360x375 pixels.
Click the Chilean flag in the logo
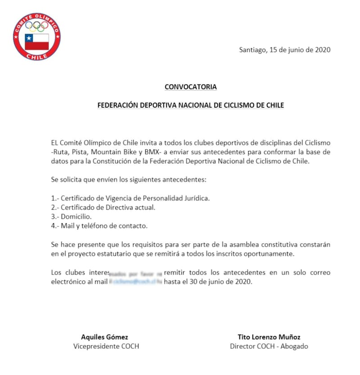[36, 41]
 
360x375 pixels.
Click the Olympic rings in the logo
[36, 27]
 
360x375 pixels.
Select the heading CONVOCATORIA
[190, 87]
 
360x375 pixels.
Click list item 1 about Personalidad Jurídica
[130, 198]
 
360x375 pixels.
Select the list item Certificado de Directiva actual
[110, 207]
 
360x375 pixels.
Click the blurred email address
[135, 282]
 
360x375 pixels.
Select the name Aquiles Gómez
[104, 337]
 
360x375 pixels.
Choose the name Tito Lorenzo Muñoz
[269, 337]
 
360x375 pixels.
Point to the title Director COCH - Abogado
[269, 346]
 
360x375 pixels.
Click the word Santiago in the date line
[252, 50]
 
